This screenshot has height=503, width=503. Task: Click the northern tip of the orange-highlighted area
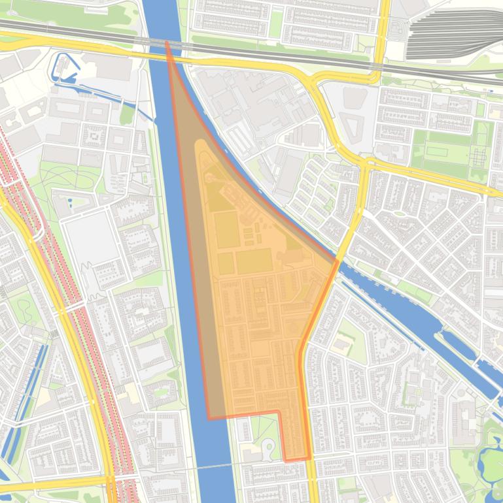coord(167,42)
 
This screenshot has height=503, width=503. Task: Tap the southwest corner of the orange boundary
coord(209,418)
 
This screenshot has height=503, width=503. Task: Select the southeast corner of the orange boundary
coord(309,458)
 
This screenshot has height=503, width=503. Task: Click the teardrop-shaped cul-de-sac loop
coord(268,447)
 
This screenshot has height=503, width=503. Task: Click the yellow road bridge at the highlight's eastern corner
coord(338,261)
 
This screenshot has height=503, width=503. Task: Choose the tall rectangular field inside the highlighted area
coord(226,229)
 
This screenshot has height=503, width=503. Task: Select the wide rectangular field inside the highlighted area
coord(254,261)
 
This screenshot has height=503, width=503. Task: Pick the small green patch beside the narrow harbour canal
coord(127,115)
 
